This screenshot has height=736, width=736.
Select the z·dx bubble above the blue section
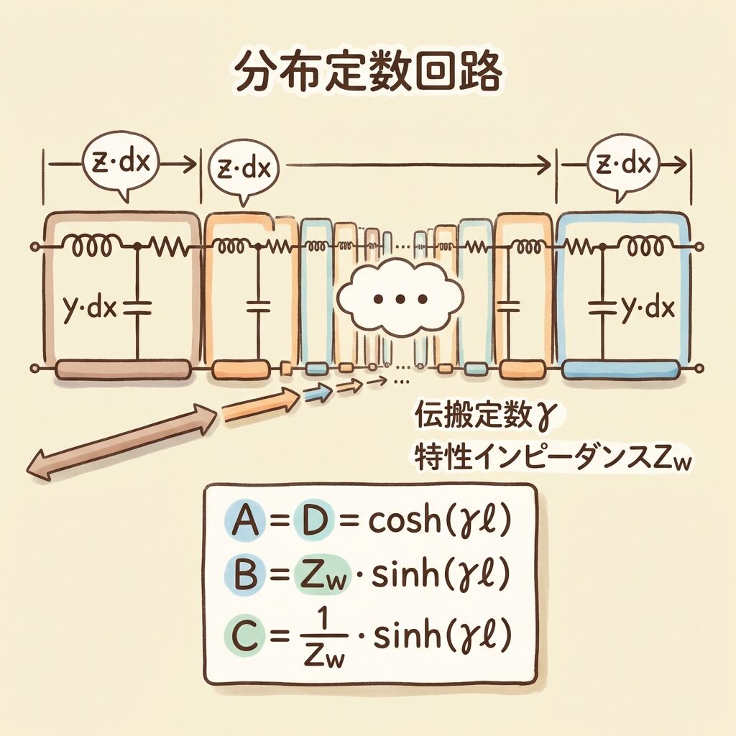pyautogui.click(x=622, y=165)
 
